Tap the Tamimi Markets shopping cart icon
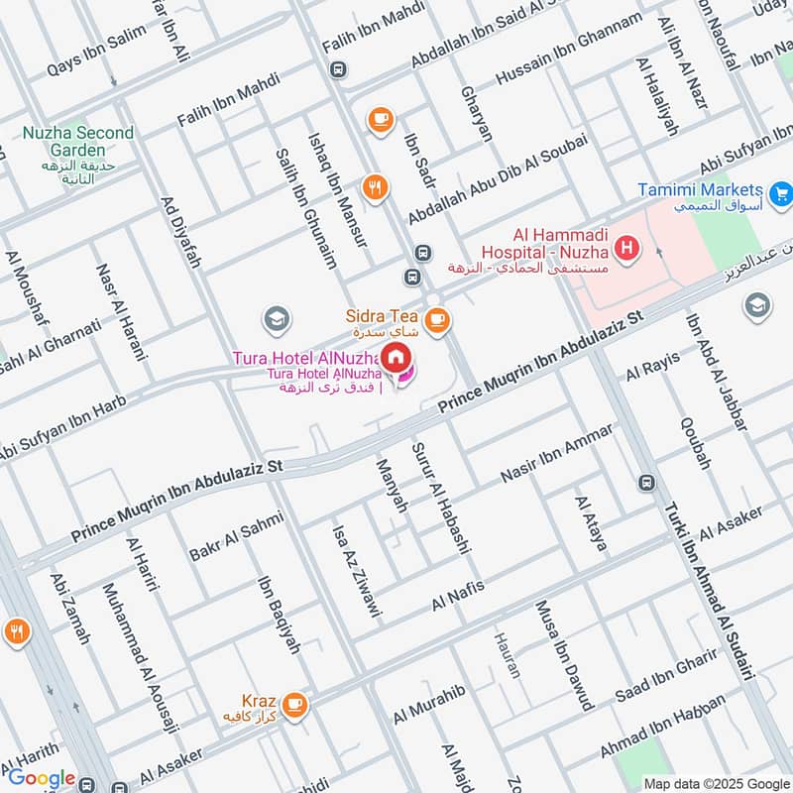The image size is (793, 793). coord(780,191)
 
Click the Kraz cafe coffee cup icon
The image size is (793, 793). coord(294,705)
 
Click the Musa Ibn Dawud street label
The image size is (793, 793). coord(564,655)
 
